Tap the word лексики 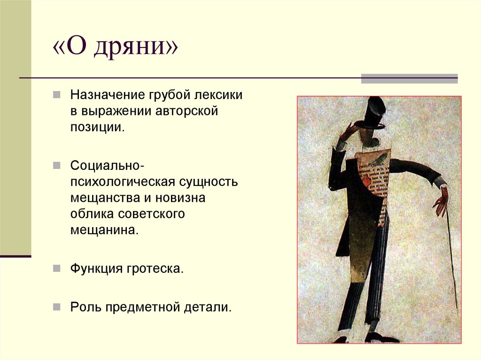[x=220, y=95]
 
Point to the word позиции [x=97, y=127]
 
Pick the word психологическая [x=122, y=182]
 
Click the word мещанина [x=105, y=230]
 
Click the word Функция [x=95, y=269]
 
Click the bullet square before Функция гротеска [x=56, y=268]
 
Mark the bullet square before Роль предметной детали [x=56, y=307]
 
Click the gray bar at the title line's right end [x=409, y=78]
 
